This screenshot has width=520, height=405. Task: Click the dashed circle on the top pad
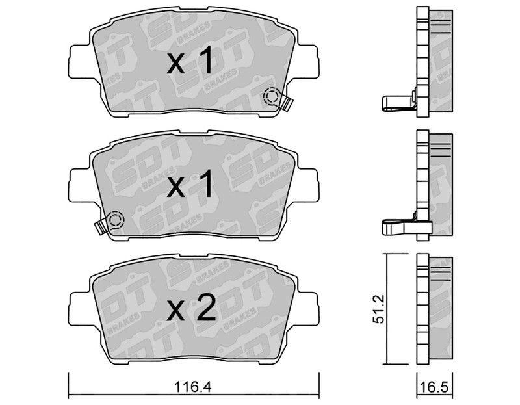(272, 98)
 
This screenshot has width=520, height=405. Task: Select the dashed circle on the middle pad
(115, 220)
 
